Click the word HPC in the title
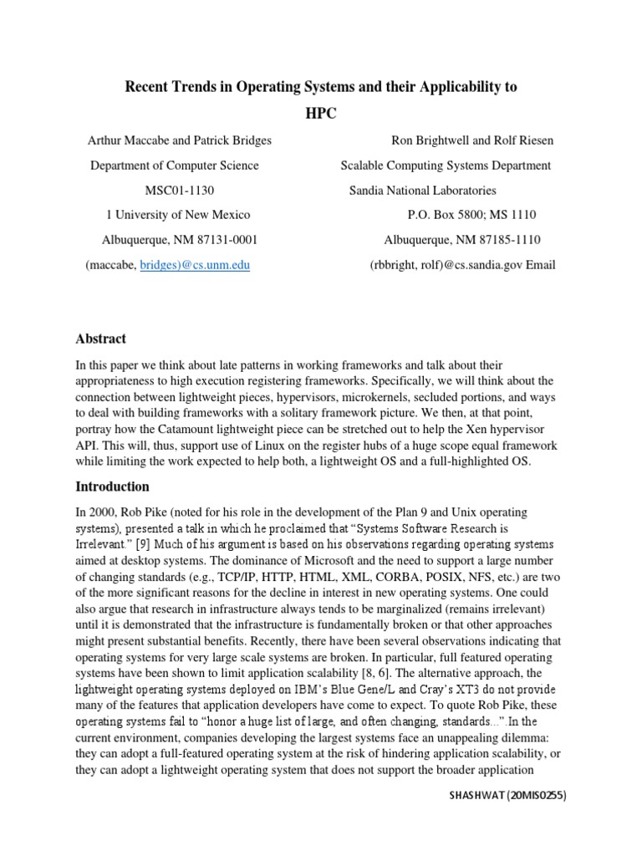321,114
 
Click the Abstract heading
100,339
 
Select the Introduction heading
113,487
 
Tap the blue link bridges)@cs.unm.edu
205,265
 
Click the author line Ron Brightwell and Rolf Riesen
471,140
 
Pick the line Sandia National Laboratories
422,191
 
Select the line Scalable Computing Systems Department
446,166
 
